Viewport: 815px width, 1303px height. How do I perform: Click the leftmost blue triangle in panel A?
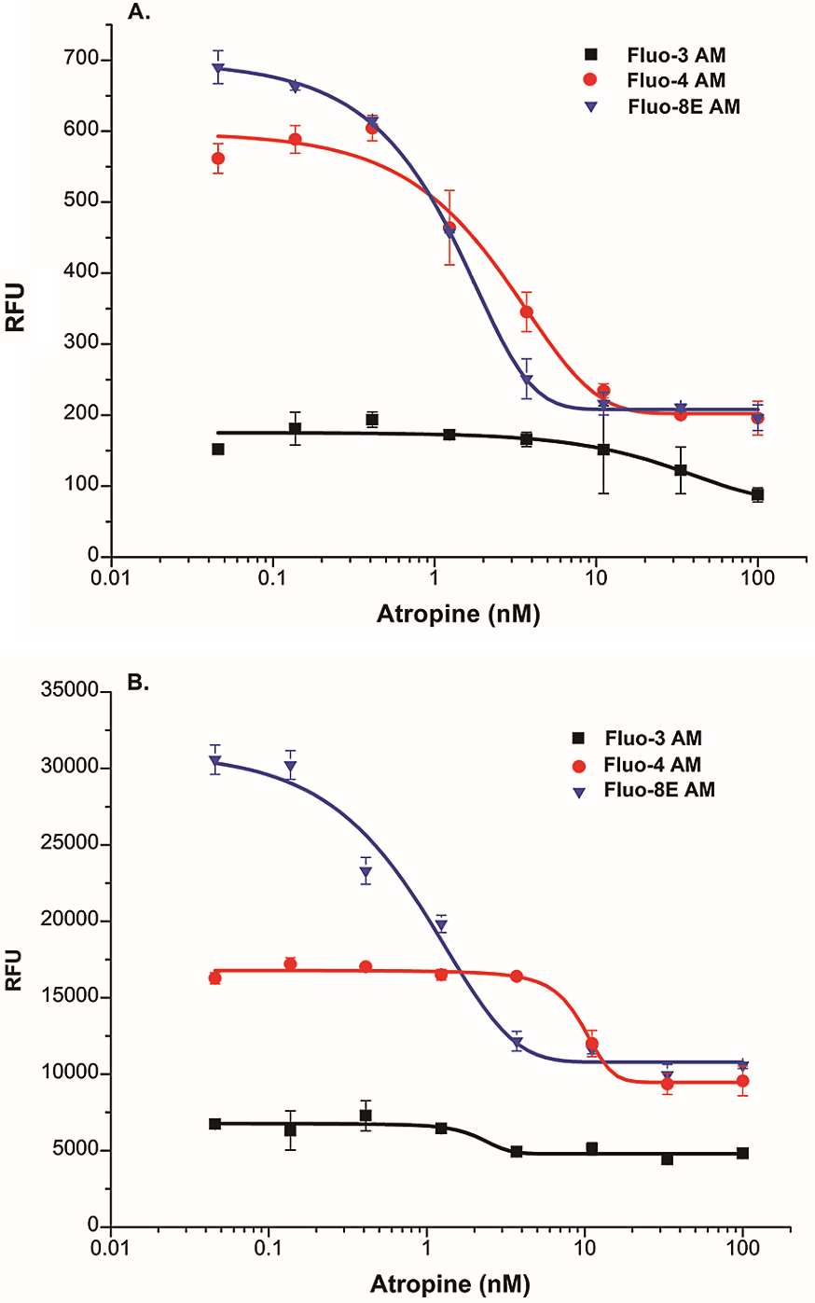tap(218, 68)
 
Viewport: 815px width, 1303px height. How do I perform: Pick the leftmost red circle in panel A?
tap(218, 159)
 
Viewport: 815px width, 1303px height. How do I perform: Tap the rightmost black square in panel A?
tap(757, 494)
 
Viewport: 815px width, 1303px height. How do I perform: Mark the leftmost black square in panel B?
tap(215, 1124)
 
